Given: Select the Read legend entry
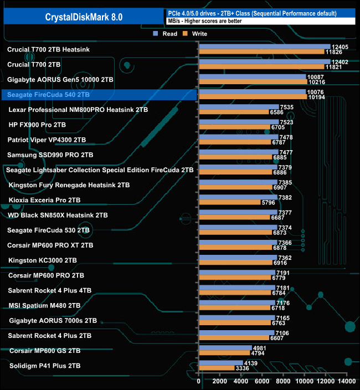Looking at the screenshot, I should (166, 34).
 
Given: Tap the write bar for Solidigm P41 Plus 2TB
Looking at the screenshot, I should (217, 368).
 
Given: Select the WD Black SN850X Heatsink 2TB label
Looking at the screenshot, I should (58, 215).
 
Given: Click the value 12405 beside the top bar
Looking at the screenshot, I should (339, 47).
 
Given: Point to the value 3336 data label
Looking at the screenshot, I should (243, 368).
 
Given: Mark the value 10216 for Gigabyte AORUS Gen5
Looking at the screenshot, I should (316, 82).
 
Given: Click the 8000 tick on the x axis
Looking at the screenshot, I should (283, 381).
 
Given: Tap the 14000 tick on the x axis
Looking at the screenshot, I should (347, 381).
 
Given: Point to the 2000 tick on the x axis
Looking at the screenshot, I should (220, 381).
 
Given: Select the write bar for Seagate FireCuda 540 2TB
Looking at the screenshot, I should (253, 97).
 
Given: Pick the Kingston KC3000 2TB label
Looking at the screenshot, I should (43, 260).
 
